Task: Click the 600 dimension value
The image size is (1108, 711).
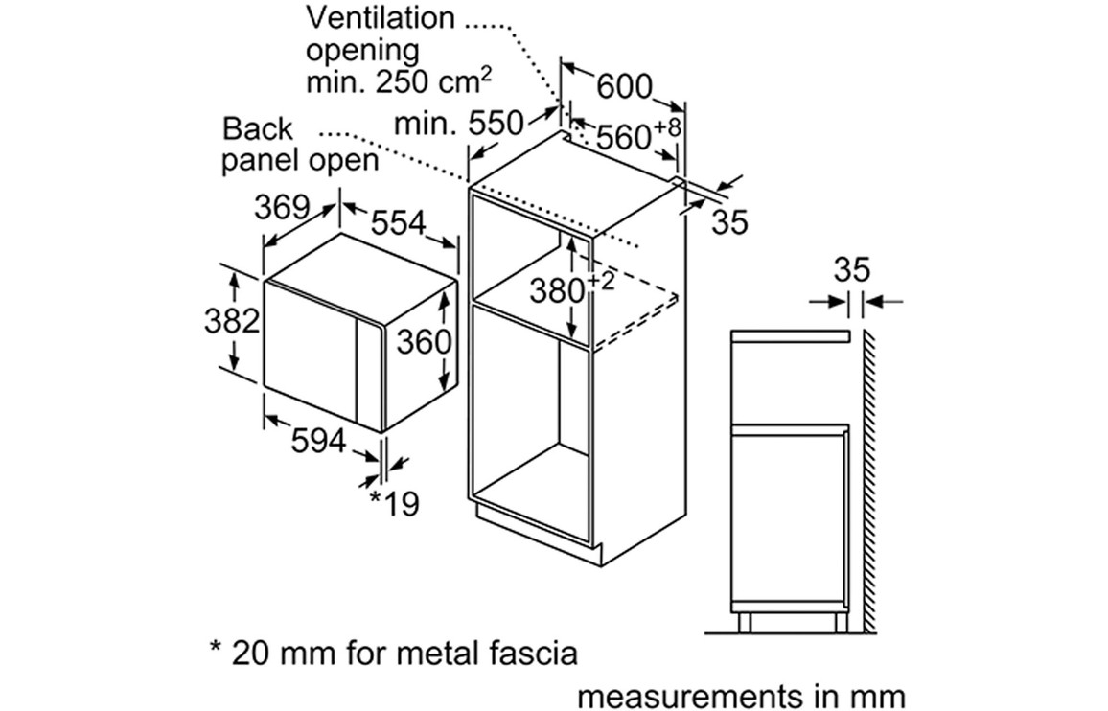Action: click(x=623, y=86)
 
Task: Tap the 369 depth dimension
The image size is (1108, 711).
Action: click(x=284, y=207)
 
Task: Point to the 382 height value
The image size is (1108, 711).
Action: click(x=232, y=321)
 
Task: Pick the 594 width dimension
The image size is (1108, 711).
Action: click(x=318, y=442)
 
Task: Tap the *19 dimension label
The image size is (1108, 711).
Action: click(x=395, y=502)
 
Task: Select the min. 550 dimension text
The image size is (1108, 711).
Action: click(x=459, y=123)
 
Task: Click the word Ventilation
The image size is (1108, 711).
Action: click(x=381, y=17)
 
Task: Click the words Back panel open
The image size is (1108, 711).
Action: click(x=300, y=144)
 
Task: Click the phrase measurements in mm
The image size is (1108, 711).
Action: click(x=741, y=694)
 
